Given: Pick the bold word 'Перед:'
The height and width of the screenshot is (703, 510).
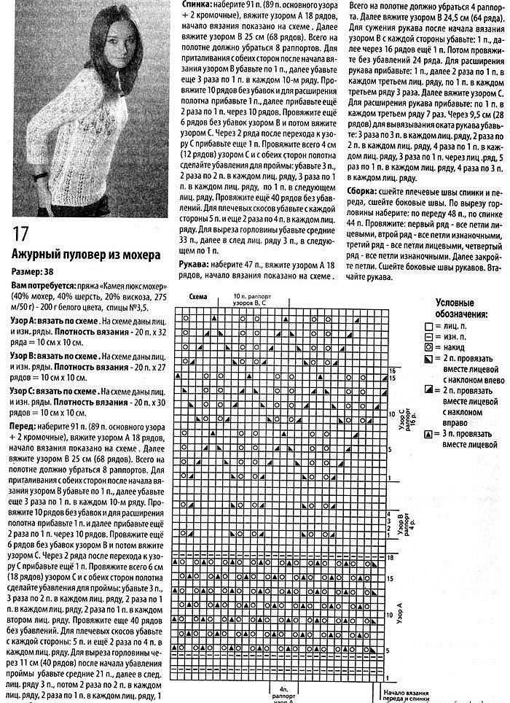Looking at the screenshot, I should point(24,425).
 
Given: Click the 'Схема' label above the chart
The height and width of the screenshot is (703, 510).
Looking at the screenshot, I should point(198,298).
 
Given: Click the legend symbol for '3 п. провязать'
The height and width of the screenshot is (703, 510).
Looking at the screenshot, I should point(428,434).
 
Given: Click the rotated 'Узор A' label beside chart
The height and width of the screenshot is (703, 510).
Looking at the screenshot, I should point(399,611).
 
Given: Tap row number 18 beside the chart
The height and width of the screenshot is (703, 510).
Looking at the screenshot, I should point(391,556).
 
